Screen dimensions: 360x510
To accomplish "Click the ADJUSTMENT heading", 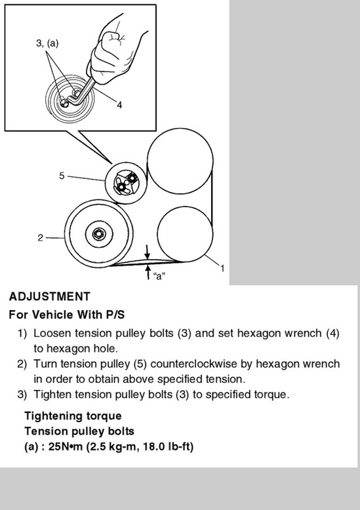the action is tap(49, 297).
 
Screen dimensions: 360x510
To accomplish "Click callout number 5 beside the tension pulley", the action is tap(62, 176).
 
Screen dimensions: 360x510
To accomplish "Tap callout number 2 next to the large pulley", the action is tap(40, 238).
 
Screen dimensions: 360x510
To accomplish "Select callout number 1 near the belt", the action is tap(222, 268).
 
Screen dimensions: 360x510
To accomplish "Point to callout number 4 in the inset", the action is tap(119, 105).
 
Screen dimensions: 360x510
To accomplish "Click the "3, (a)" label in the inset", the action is tap(47, 43).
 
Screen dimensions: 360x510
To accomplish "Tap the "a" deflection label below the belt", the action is tap(159, 276).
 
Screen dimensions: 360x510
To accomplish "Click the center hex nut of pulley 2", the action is tap(98, 233).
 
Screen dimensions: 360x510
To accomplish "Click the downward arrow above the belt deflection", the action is tap(148, 252).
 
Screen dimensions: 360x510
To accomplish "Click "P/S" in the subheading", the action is tap(115, 315).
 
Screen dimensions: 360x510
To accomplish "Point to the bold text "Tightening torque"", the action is tap(73, 416).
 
